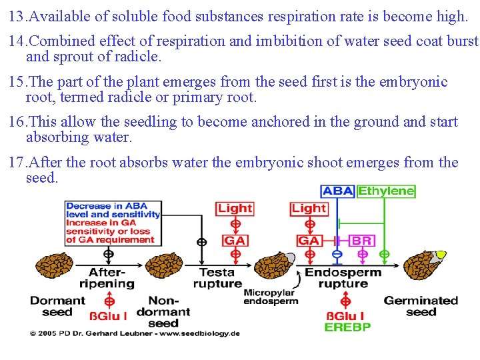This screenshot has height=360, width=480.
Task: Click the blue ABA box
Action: (337, 191)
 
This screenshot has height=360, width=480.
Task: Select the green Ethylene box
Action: (386, 191)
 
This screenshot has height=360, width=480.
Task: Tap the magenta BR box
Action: (361, 240)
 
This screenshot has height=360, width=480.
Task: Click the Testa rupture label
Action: (217, 277)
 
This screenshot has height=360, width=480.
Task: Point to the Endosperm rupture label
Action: (343, 277)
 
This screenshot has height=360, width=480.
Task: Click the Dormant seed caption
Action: (57, 306)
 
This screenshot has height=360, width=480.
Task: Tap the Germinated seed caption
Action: (421, 306)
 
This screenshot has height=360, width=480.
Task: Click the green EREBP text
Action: (347, 327)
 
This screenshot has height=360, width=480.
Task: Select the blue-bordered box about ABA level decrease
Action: (113, 223)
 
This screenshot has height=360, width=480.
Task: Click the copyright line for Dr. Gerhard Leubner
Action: (134, 332)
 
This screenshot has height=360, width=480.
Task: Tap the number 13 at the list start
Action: (17, 15)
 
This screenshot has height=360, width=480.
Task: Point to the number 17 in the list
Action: (17, 163)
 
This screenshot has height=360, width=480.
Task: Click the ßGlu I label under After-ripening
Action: (108, 314)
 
